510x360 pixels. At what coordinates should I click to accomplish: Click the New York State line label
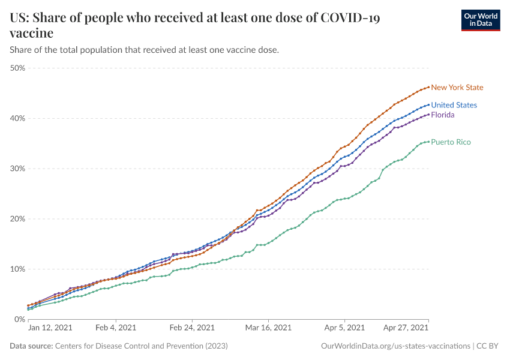(457, 88)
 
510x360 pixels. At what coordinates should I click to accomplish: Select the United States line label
(454, 105)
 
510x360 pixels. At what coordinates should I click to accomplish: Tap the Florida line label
(443, 115)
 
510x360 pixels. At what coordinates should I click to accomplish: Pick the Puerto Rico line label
(451, 142)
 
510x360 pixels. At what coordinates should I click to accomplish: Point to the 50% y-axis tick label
(17, 68)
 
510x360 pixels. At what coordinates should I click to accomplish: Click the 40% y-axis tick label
(17, 118)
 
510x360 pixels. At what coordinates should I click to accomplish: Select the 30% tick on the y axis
(17, 169)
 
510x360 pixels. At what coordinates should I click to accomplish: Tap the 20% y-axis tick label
(17, 219)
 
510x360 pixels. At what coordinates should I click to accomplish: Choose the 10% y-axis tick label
(17, 269)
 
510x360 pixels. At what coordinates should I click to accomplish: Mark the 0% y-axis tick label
(19, 319)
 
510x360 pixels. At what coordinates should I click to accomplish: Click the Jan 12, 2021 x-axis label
(50, 328)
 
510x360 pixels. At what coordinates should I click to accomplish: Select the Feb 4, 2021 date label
(115, 328)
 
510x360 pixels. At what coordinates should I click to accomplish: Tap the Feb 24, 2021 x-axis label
(192, 328)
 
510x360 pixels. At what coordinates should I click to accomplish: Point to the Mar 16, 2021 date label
(269, 328)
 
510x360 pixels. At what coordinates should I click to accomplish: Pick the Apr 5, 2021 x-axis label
(344, 328)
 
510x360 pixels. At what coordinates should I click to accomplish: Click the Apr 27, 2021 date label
(406, 328)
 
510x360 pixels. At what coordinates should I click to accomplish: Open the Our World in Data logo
(480, 19)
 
